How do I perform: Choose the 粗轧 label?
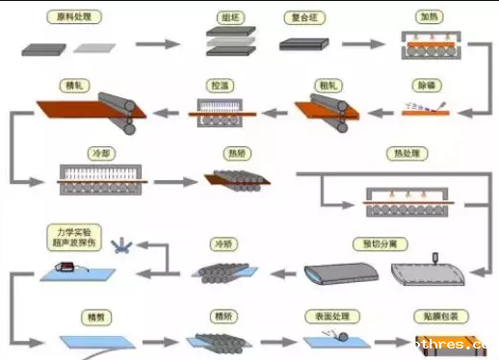326,85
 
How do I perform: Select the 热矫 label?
235,152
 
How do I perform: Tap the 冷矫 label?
223,244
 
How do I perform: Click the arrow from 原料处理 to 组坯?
158,44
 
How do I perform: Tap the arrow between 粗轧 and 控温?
274,112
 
